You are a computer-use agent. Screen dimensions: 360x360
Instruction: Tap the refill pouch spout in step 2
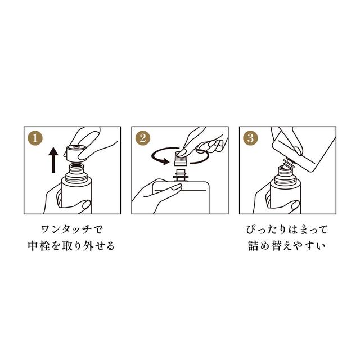(182, 174)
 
